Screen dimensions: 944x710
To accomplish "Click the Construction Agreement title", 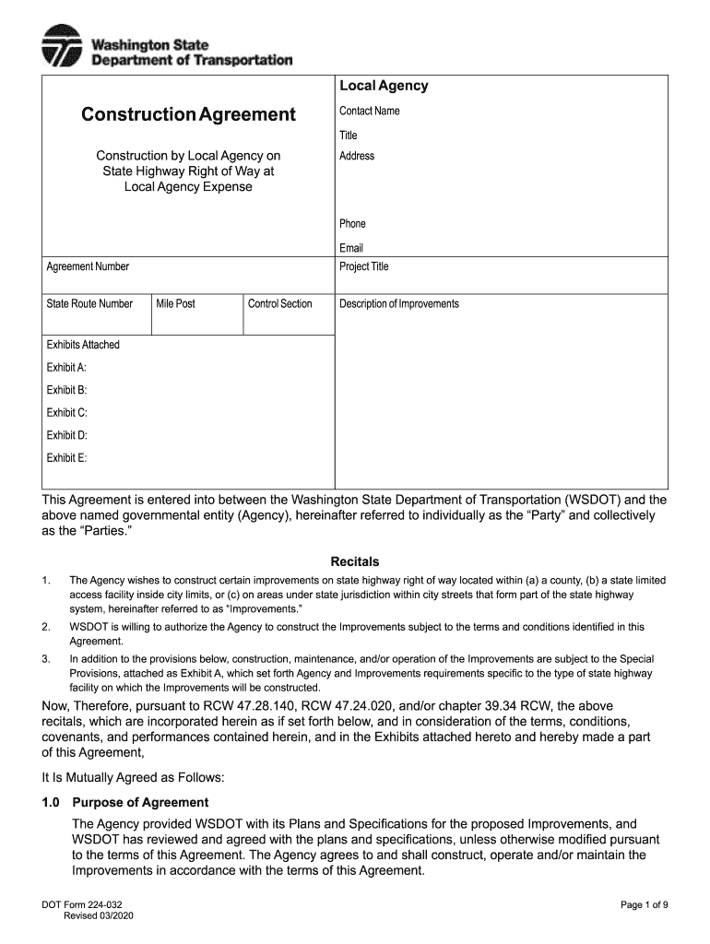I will pos(188,114).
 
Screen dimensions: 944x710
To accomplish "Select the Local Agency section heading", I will pos(384,86).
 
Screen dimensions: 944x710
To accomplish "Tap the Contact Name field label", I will pos(369,112).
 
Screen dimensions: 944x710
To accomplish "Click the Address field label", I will pos(357,156).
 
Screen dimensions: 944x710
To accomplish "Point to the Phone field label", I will pos(352,224).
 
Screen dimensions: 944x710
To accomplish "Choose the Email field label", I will pos(351,248).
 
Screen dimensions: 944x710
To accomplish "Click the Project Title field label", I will pos(364,267).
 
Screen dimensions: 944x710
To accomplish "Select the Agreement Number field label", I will pos(88,267).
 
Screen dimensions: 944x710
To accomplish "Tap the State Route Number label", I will pos(89,304).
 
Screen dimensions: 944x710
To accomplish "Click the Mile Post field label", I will pos(175,304).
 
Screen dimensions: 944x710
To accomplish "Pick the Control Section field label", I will pos(280,304).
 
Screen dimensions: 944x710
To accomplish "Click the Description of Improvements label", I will pos(398,304).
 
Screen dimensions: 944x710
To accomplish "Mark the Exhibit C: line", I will pos(66,413).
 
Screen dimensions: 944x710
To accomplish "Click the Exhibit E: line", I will pos(66,458).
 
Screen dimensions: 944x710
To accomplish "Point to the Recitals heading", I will pos(354,561).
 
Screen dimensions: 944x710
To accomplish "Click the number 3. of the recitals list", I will pos(46,659).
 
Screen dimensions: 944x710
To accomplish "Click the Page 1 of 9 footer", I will pos(644,904).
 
